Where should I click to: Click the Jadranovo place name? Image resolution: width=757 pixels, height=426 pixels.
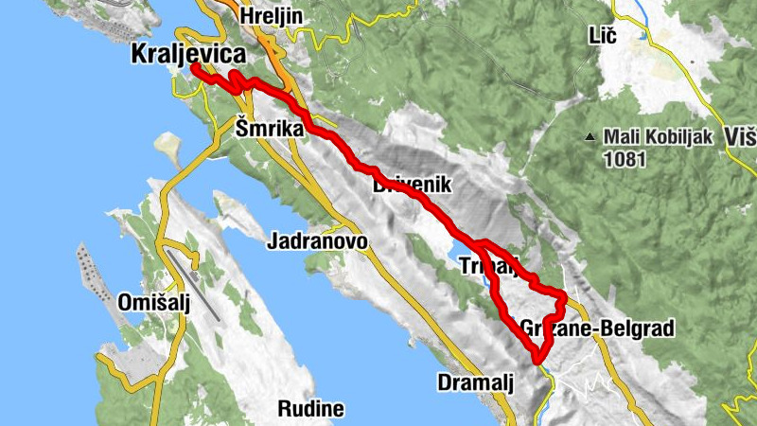(x=317, y=241)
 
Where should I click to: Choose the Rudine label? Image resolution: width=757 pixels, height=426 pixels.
(x=310, y=409)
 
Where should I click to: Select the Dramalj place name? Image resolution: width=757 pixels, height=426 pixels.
(x=475, y=382)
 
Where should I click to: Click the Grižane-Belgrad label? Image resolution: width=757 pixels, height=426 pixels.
(x=597, y=328)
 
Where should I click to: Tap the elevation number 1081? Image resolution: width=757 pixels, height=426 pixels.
(x=625, y=159)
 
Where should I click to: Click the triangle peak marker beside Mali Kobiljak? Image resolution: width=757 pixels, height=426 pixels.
(x=590, y=138)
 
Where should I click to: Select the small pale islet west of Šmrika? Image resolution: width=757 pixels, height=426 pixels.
(x=168, y=146)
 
